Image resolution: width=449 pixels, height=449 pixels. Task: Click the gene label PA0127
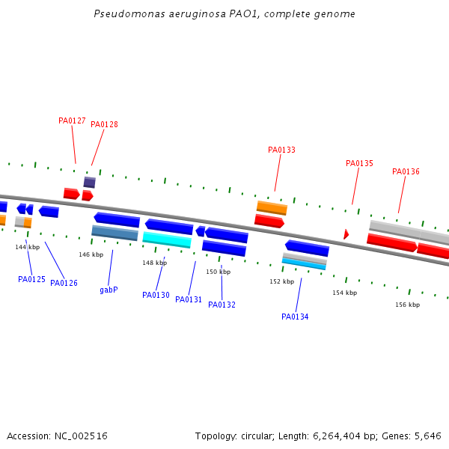click(72, 120)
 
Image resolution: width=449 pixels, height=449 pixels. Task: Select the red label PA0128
click(104, 124)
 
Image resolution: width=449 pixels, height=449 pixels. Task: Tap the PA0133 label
click(281, 150)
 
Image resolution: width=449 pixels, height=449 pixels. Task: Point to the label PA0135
click(359, 163)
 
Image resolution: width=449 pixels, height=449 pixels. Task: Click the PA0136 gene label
click(406, 171)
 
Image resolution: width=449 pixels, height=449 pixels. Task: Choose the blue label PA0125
click(31, 279)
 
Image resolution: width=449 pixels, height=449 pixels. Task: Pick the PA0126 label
click(64, 283)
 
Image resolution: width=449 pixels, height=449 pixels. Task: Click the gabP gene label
click(109, 290)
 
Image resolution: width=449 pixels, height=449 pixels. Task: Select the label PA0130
click(156, 295)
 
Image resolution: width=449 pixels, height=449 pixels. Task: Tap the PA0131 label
click(189, 299)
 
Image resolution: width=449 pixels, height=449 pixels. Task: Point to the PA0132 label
click(222, 305)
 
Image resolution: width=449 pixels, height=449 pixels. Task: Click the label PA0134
click(295, 317)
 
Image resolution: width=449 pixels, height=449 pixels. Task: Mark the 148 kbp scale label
click(154, 263)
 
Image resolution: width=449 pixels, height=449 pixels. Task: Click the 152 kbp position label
click(282, 281)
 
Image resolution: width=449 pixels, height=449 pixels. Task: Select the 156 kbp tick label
click(407, 305)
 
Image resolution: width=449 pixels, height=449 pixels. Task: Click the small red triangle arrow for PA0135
click(346, 234)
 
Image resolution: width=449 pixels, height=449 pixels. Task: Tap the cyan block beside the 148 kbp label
click(167, 239)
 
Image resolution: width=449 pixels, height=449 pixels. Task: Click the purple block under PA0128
click(89, 183)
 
